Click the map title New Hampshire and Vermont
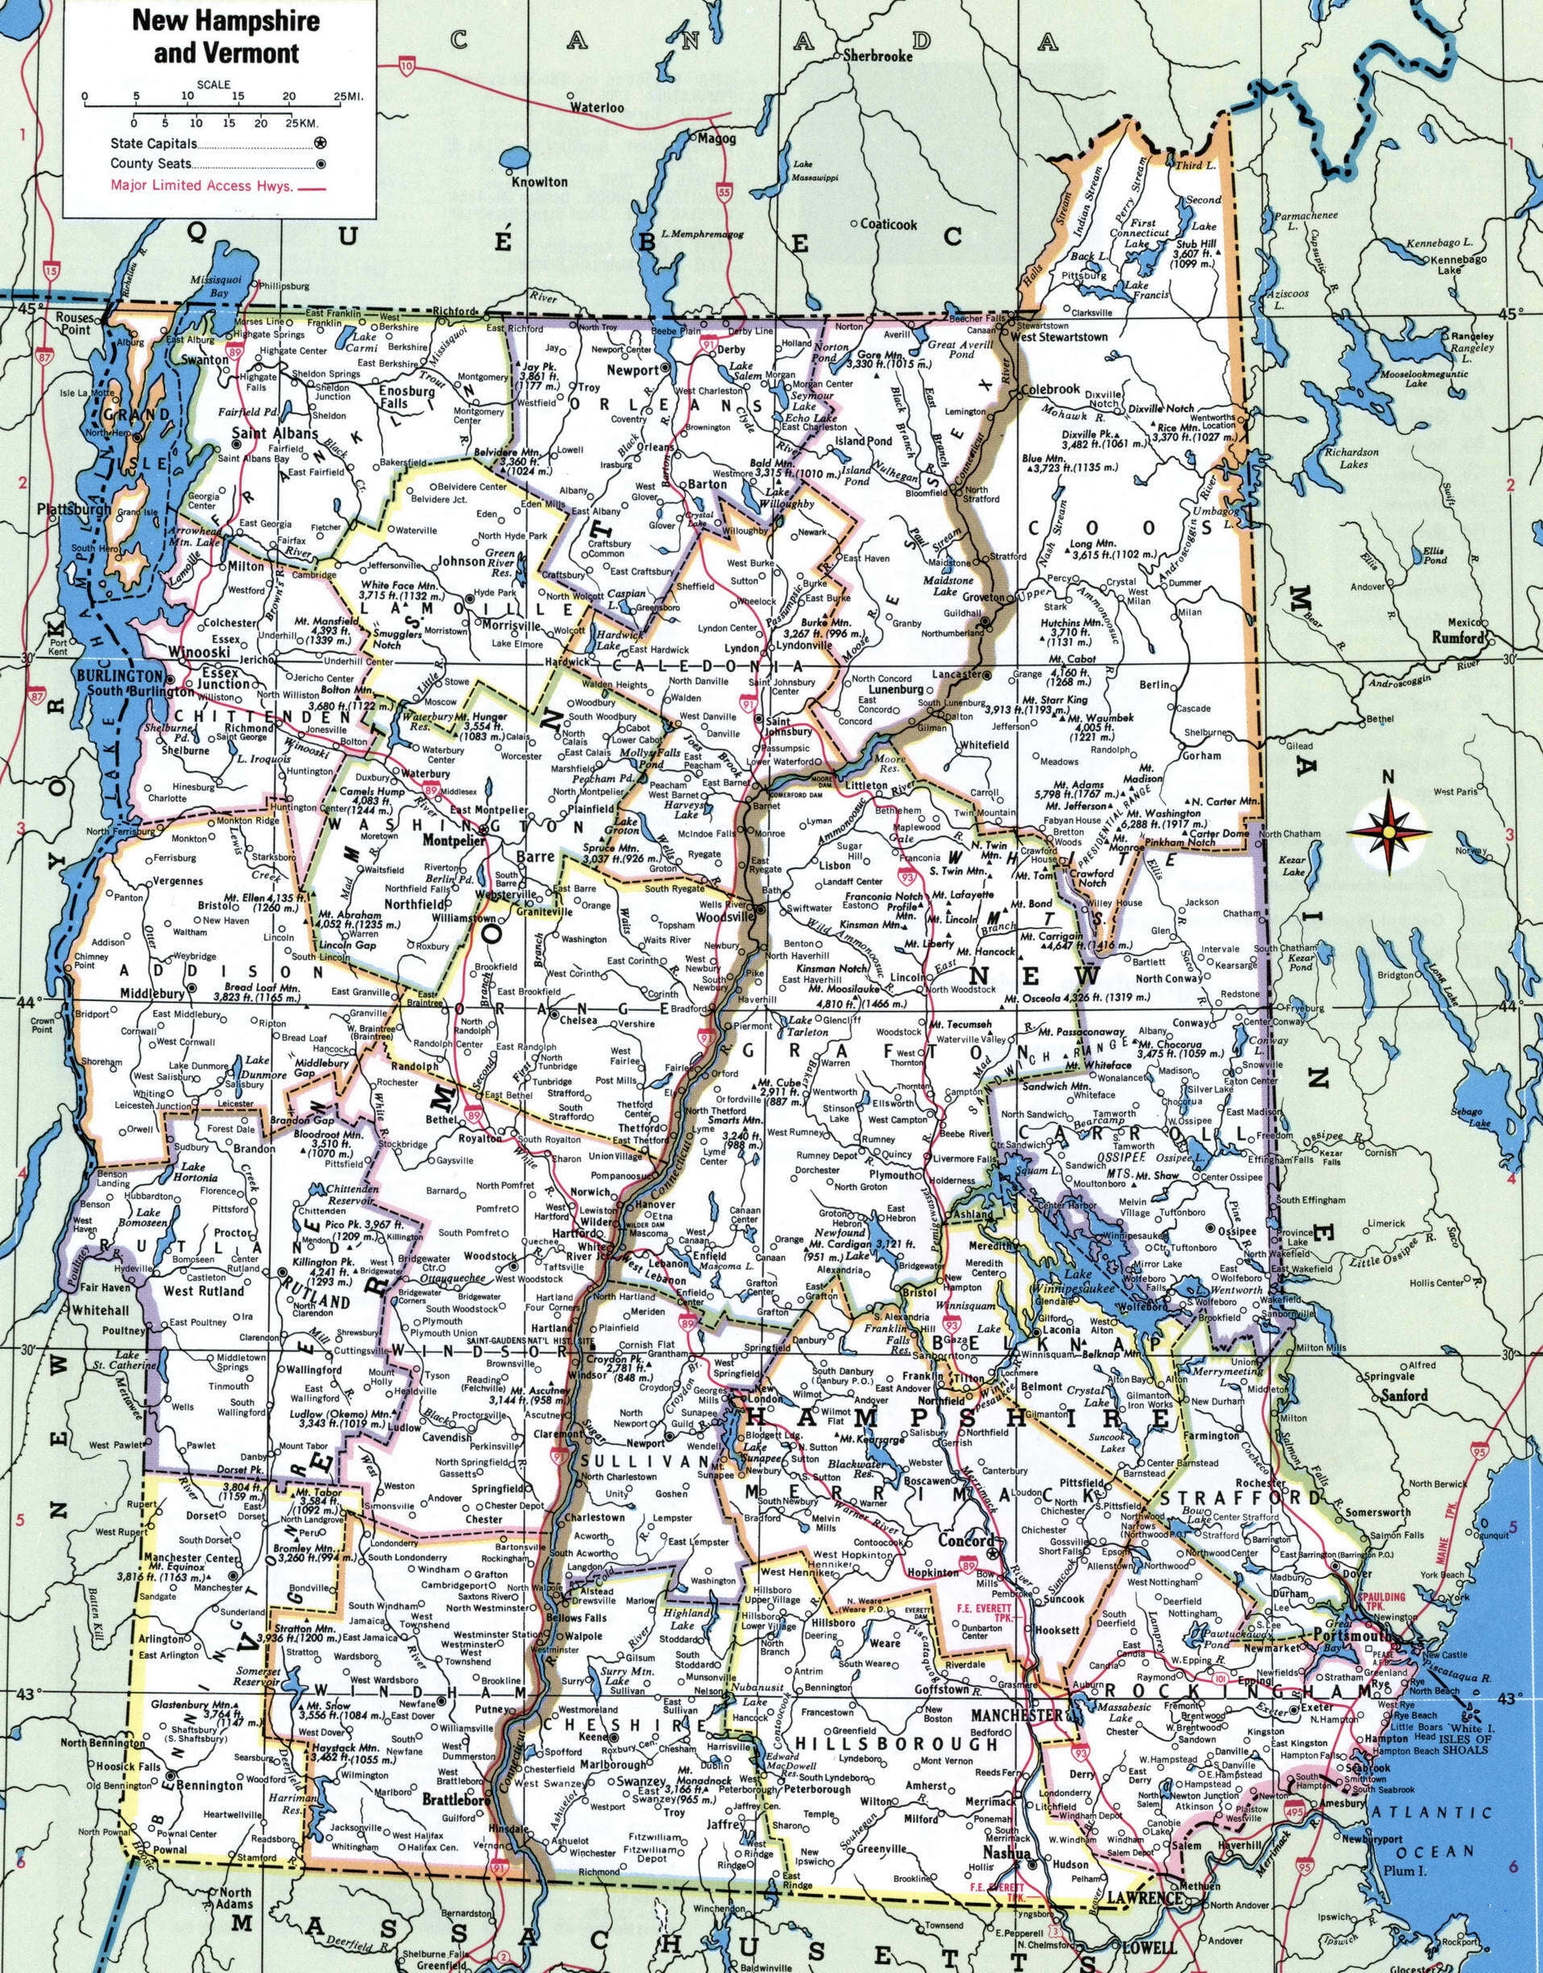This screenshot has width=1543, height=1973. click(215, 36)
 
